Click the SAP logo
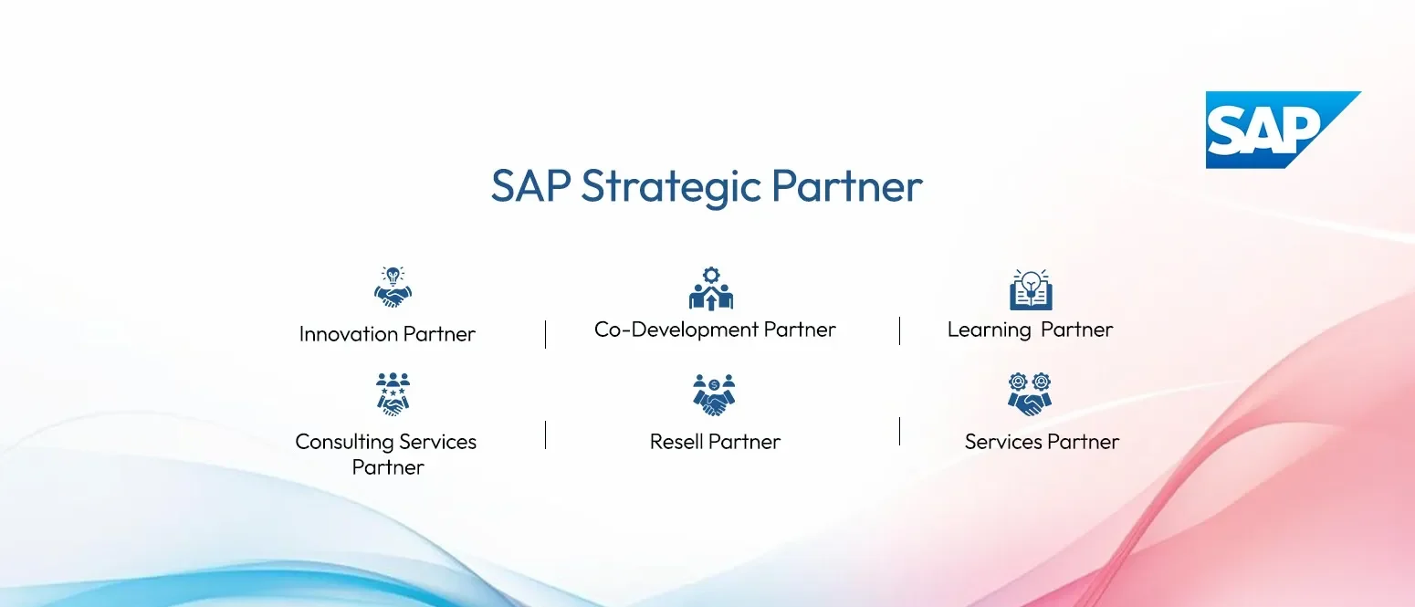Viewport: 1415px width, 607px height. tap(1283, 130)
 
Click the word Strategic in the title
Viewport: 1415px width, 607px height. tap(671, 188)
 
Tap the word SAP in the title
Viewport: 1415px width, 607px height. tap(531, 185)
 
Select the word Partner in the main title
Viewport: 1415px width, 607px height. tap(846, 185)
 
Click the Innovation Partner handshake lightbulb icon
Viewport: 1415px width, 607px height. tap(393, 287)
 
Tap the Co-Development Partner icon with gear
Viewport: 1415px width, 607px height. tap(711, 288)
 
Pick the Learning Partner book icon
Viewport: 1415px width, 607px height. tap(1031, 289)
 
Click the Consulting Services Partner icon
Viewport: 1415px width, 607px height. tap(393, 394)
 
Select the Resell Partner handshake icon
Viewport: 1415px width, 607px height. tap(714, 395)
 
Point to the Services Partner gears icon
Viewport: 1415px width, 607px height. tap(1030, 394)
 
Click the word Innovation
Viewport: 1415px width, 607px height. tap(348, 333)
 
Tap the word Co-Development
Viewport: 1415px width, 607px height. tap(676, 330)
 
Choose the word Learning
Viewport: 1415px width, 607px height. tap(990, 330)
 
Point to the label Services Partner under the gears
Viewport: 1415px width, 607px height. tap(1042, 442)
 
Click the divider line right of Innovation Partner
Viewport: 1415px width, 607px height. tap(546, 334)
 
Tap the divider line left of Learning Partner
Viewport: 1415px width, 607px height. tap(899, 331)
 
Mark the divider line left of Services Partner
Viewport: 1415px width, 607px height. tap(899, 432)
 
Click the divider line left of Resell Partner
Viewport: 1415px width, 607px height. tap(546, 435)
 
